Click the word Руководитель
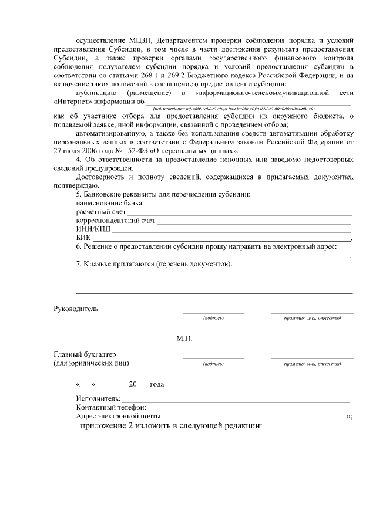click(76, 309)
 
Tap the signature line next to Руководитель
click(213, 312)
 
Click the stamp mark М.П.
click(184, 339)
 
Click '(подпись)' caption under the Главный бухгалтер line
click(213, 364)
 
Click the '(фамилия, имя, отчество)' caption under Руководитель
click(312, 318)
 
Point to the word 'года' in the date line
click(156, 385)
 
